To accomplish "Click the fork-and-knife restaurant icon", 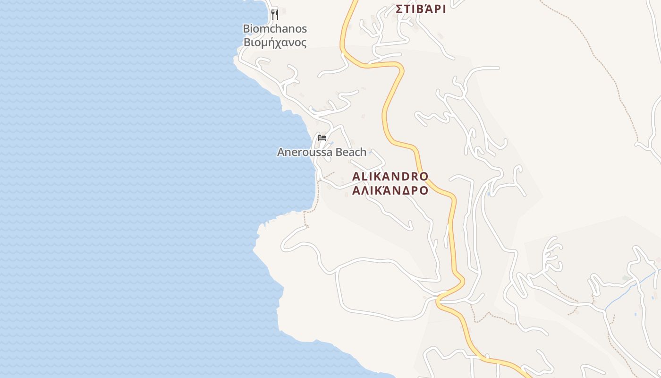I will coord(275,14).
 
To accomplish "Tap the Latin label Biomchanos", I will coord(275,29).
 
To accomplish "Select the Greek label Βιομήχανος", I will coord(275,43).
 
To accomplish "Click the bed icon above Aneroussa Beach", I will coord(322,138).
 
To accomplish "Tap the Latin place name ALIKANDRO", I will coord(390,177).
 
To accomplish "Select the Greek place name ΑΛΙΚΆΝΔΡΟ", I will coord(390,190).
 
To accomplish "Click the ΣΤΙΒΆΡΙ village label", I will coord(421,9).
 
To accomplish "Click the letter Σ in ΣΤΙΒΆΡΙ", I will coord(399,9).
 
